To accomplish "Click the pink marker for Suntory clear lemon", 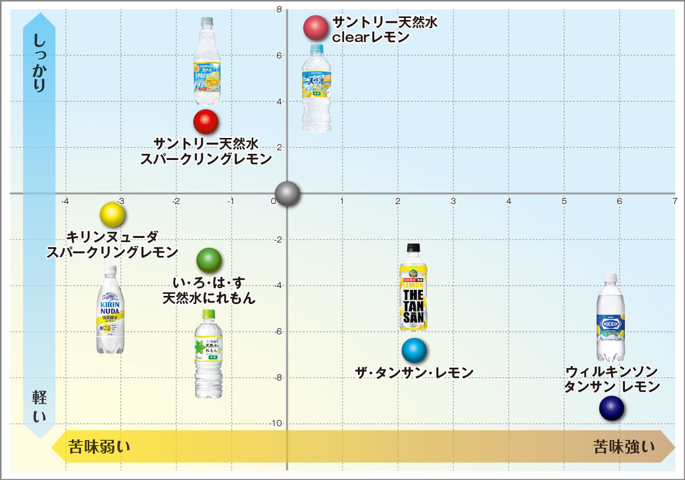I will [316, 27].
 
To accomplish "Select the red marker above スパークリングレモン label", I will [206, 121].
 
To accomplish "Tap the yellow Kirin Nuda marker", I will [113, 214].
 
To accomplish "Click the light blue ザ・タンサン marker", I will [414, 349].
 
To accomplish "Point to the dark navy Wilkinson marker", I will [611, 408].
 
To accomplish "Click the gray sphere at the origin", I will [287, 194].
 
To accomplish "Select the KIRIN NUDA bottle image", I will [109, 310].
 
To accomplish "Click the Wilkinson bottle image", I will [610, 317].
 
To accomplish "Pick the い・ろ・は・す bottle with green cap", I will [208, 353].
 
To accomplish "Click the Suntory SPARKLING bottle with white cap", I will [207, 61].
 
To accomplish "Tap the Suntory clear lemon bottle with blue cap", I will [316, 87].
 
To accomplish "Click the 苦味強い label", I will [624, 447].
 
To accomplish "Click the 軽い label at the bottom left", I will [39, 406].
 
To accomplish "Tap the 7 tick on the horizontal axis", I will [674, 201].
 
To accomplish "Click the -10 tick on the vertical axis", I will [275, 424].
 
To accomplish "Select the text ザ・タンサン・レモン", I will [414, 373].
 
